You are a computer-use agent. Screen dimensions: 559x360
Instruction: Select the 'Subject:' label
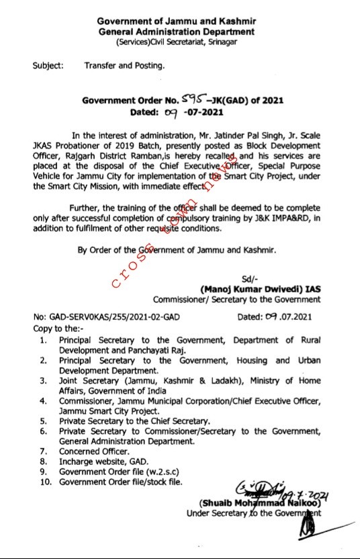point(48,66)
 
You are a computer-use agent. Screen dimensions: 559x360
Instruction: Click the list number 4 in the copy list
point(42,402)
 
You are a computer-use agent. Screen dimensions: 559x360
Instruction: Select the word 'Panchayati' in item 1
point(159,351)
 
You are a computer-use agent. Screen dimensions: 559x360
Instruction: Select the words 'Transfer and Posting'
point(124,66)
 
